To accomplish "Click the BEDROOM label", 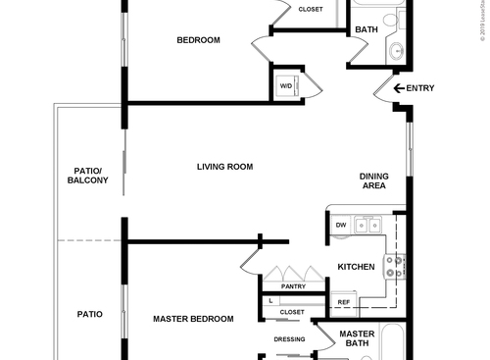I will coord(198,40).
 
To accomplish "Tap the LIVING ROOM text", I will coord(224,167).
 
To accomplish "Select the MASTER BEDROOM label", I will coord(193,319).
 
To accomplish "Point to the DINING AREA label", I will coord(374,180).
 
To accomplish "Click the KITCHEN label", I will coord(357,267).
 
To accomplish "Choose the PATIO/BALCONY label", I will coord(88,175).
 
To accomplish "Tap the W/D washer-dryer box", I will coord(286,86).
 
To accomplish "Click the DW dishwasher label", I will coord(341,226).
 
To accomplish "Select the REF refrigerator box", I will coord(343,302).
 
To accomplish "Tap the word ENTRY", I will coord(420,88).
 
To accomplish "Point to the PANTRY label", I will coord(293,286).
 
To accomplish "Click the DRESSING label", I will coord(289,339).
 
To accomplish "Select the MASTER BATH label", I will coord(357,338).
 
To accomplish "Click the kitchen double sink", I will coord(369,226).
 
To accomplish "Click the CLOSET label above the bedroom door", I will coord(310,10).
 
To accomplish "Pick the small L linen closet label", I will coord(270,301).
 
